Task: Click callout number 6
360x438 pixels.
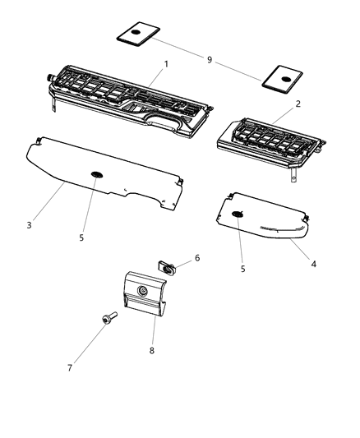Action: click(196, 258)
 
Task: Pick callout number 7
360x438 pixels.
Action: click(70, 367)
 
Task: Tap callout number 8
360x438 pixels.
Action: click(150, 350)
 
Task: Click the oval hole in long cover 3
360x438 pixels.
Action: click(97, 174)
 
